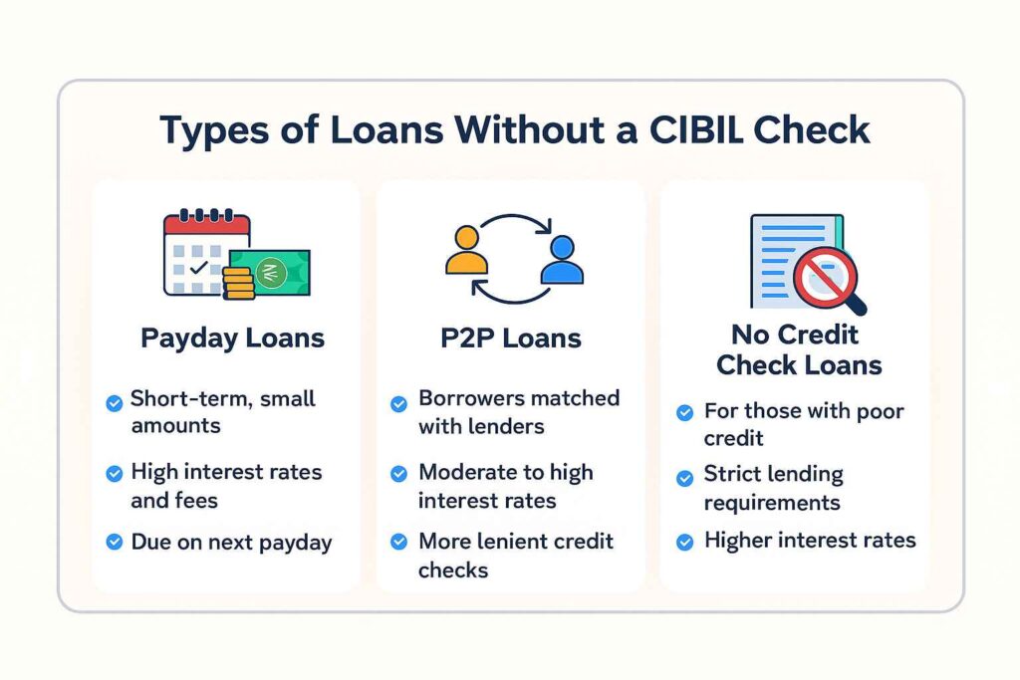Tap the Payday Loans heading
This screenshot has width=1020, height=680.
tap(232, 338)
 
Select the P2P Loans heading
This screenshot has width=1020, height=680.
tap(510, 338)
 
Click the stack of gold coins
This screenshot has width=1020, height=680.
tap(240, 282)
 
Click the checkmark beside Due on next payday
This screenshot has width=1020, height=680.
tap(115, 544)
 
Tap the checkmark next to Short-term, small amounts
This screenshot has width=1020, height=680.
tap(115, 402)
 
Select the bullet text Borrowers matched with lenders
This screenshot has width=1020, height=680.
tap(518, 411)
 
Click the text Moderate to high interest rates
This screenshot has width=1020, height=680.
tap(505, 485)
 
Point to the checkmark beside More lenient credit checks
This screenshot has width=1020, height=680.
tap(398, 544)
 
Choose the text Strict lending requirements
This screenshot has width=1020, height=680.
tap(773, 488)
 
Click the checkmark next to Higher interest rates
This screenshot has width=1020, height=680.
tap(684, 543)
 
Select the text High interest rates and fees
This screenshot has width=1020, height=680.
tap(226, 485)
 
